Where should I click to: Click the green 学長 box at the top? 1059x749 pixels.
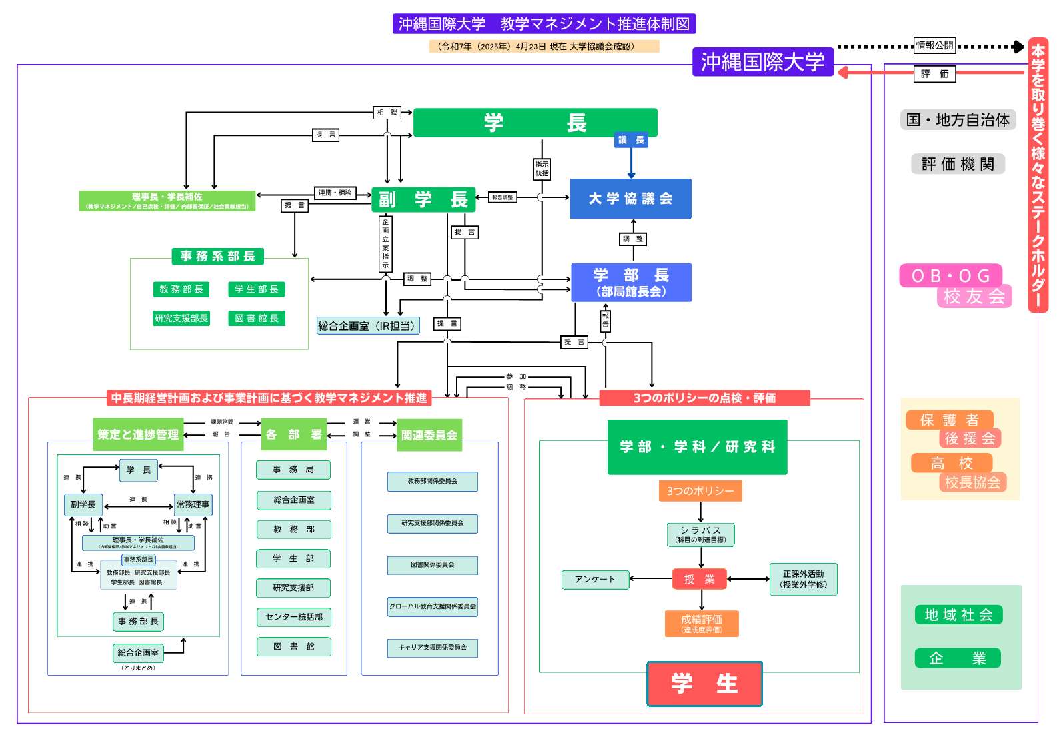(535, 123)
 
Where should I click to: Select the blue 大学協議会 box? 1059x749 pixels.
(630, 199)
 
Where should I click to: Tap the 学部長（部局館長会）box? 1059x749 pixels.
(631, 283)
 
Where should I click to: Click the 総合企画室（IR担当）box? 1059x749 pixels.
(368, 326)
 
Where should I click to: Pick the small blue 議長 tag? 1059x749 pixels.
(631, 140)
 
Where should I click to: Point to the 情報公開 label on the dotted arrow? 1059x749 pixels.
(934, 45)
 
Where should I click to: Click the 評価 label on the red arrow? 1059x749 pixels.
(934, 74)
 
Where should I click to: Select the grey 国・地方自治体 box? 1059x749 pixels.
(958, 120)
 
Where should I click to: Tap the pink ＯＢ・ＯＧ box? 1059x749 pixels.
(950, 276)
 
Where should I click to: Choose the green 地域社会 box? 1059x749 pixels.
(958, 615)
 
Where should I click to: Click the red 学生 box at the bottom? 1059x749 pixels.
(704, 684)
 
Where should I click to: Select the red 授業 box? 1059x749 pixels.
(699, 580)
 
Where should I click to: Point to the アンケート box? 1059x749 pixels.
(595, 580)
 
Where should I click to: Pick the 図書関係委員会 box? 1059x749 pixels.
(432, 565)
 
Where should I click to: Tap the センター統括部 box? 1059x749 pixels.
(293, 617)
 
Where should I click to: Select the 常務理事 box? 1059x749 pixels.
(193, 505)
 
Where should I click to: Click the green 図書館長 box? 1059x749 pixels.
(257, 319)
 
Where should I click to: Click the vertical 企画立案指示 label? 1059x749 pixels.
(385, 243)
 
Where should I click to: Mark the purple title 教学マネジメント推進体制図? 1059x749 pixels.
(544, 24)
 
